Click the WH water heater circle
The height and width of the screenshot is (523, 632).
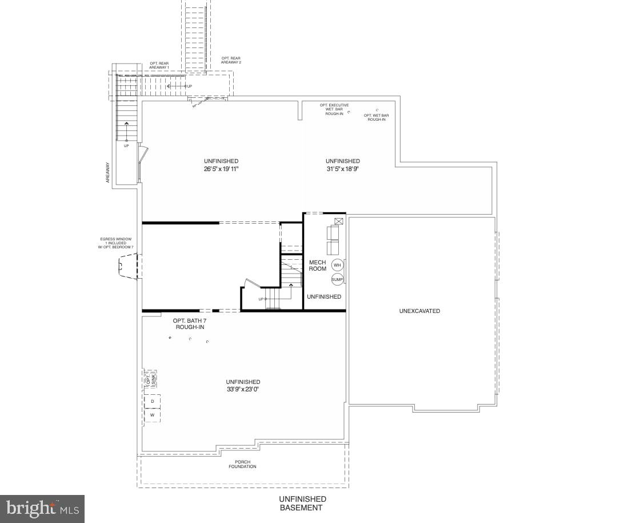(337, 266)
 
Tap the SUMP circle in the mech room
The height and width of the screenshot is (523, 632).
(337, 279)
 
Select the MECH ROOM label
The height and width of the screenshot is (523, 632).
(318, 266)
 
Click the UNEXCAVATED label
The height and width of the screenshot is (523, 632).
(419, 311)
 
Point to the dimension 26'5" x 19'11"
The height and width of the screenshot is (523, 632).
(221, 169)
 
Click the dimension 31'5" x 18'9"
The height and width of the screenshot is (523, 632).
(343, 169)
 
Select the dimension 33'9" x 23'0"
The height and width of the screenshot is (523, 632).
(243, 390)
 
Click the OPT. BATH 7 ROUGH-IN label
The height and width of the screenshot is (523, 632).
(189, 324)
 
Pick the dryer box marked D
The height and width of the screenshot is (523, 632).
(153, 402)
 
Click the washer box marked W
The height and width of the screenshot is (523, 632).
(153, 415)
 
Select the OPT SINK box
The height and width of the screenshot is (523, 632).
(150, 378)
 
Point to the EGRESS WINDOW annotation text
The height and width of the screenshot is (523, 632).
(116, 243)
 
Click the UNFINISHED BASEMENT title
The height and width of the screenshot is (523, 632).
(302, 504)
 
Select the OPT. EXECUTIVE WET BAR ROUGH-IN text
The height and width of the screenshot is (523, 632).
(334, 109)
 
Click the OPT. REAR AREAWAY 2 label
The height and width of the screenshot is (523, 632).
(231, 60)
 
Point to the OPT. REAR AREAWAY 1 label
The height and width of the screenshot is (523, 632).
(159, 65)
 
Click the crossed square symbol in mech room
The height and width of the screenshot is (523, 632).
(339, 221)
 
